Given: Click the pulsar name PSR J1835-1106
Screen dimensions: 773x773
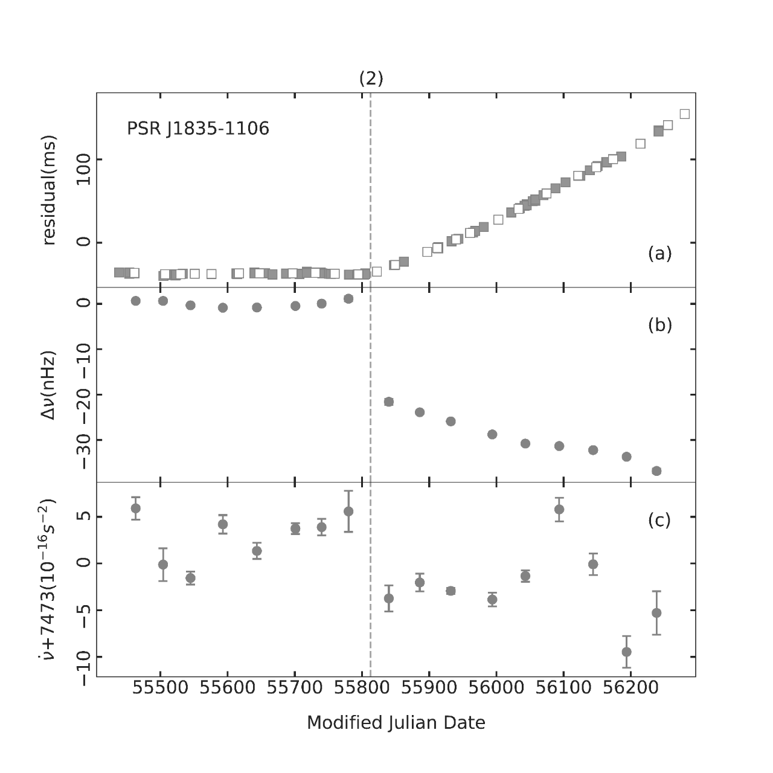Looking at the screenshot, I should click(198, 129).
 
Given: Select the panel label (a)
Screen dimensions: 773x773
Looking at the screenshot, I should click(659, 254).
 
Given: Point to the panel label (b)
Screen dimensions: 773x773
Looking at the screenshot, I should click(659, 325).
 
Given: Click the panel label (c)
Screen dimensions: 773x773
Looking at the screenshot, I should click(659, 520).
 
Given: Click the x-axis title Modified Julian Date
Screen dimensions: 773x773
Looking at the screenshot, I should click(396, 723).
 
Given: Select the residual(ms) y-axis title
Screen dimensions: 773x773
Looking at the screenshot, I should click(49, 190).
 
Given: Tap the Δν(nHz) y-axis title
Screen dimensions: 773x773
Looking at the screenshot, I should click(49, 385).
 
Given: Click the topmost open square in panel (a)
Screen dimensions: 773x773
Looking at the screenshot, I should click(685, 114).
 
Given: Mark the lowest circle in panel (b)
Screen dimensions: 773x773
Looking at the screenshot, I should click(656, 471).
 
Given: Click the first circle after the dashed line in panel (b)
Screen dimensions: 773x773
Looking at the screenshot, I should click(389, 402).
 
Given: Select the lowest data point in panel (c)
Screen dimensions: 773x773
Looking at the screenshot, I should click(627, 652).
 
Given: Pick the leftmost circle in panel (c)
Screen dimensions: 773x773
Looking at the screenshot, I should click(136, 508).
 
